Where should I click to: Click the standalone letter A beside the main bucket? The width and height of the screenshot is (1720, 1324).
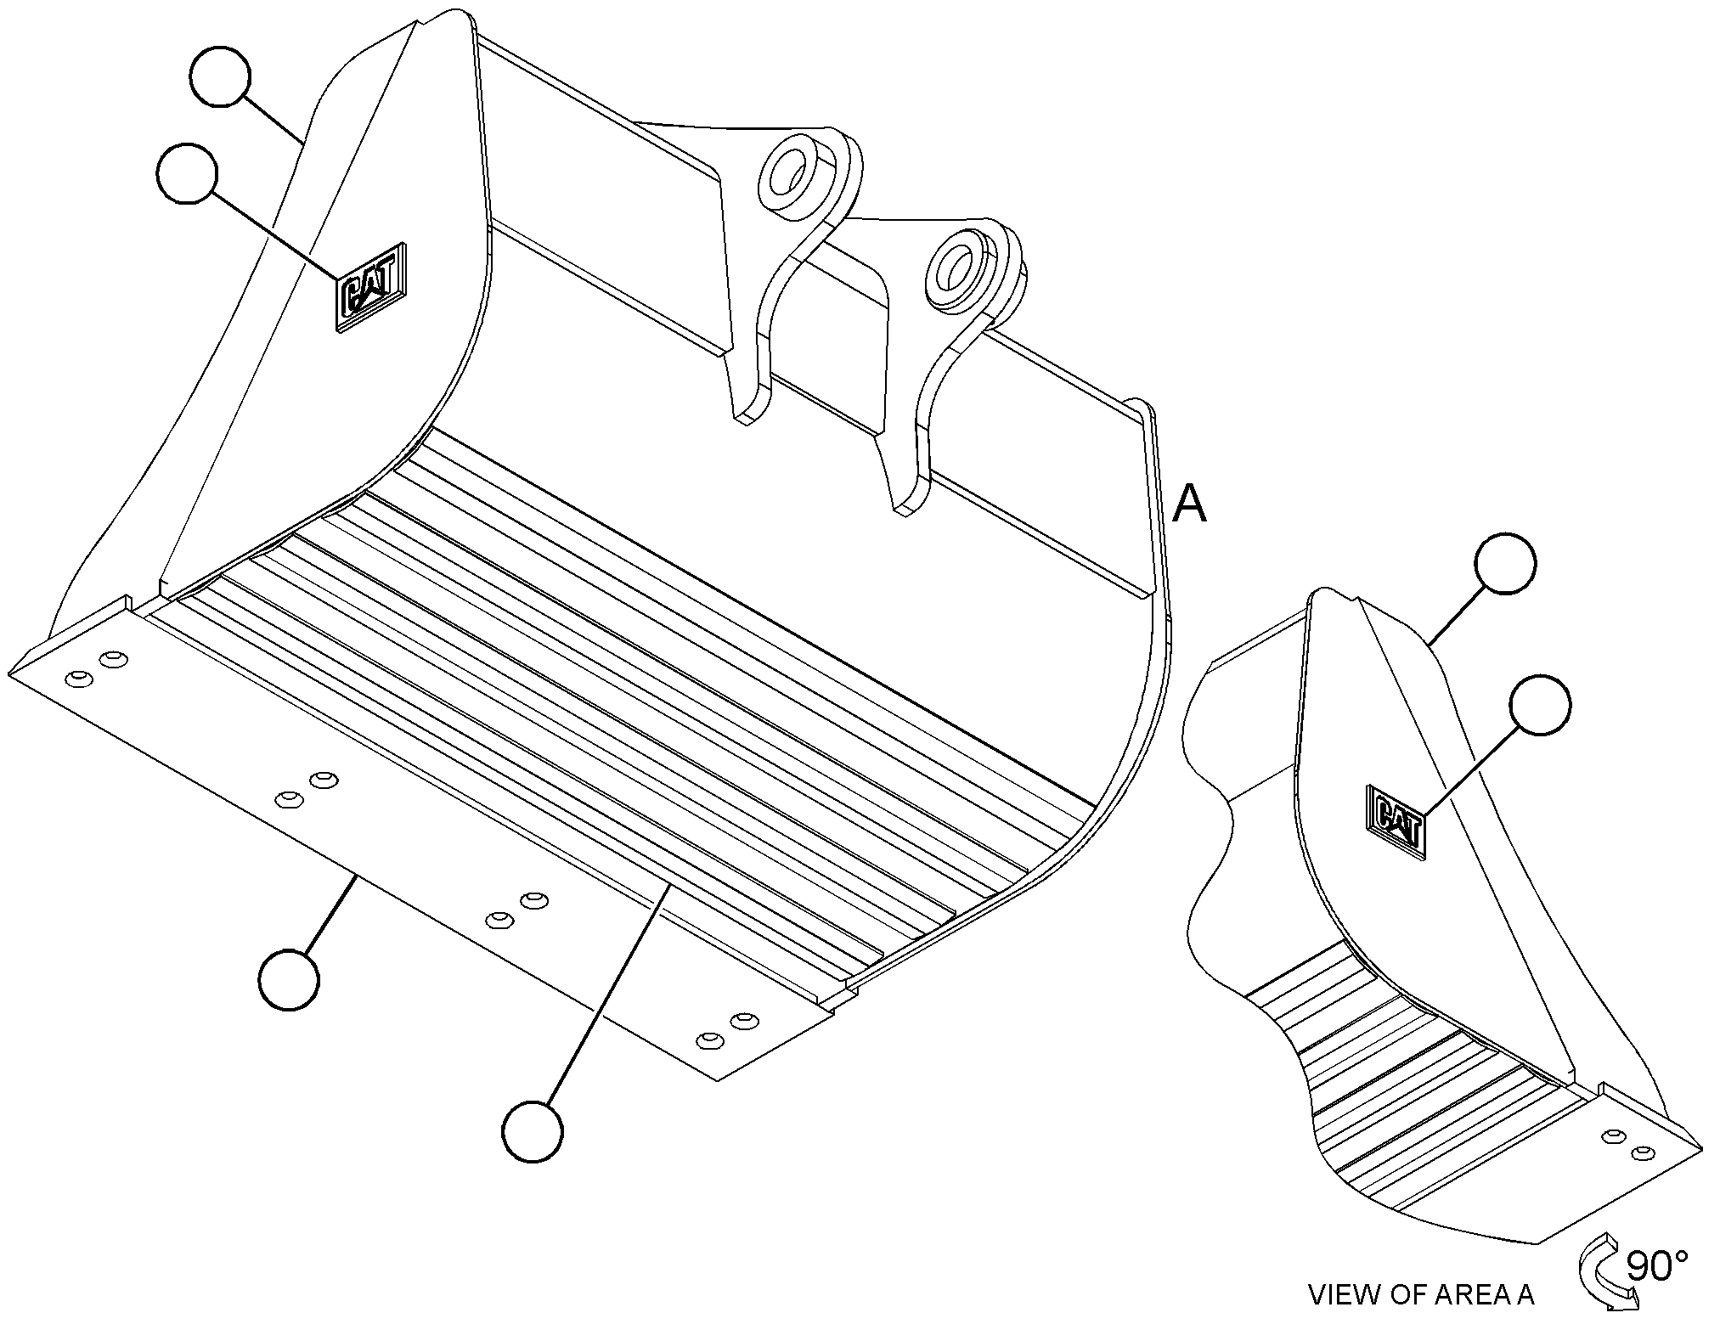tap(1189, 504)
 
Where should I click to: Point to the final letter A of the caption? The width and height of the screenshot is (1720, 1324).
tap(1524, 1294)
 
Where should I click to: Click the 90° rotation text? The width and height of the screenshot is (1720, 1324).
tap(1656, 1265)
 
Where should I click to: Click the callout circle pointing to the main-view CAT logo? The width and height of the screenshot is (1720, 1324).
tap(187, 173)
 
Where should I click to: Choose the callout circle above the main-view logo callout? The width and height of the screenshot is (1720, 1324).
tap(220, 76)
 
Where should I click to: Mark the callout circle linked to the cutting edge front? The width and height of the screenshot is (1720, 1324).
tap(290, 980)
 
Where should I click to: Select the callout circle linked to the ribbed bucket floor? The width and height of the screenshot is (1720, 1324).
tap(533, 1131)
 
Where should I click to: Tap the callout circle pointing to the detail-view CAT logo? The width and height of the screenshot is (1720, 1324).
tap(1540, 704)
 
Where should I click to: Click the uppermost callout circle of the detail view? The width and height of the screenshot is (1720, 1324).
tap(1506, 563)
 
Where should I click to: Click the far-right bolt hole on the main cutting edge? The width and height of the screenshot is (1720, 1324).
tap(744, 1019)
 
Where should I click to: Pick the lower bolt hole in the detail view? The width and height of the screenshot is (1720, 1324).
tap(1644, 1152)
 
